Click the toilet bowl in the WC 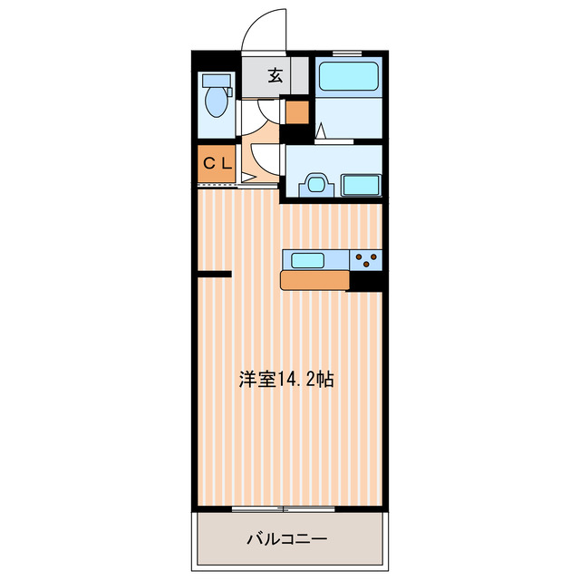tap(217, 102)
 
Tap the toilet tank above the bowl tap(217, 79)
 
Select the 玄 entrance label tap(275, 76)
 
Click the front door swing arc tap(263, 27)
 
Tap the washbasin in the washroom tap(316, 184)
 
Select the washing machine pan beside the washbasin tap(361, 186)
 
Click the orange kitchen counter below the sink tap(314, 280)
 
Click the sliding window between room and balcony tap(284, 508)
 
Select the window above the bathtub tap(350, 55)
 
